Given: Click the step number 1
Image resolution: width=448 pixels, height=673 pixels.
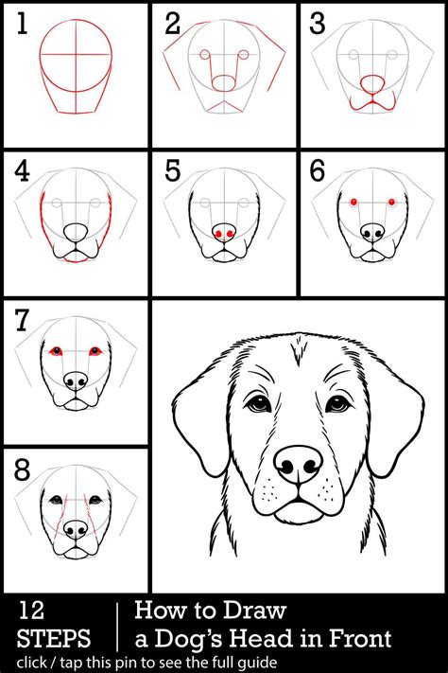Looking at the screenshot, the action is [x=23, y=23].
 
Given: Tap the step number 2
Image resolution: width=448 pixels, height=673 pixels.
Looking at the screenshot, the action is [x=173, y=23].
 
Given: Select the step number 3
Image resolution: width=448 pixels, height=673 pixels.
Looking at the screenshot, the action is [x=318, y=23].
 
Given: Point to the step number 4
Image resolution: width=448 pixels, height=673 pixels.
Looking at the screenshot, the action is [x=23, y=170].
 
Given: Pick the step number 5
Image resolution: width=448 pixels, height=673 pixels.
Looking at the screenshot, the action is [x=173, y=170].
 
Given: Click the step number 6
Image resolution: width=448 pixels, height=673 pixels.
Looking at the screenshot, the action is [x=318, y=170].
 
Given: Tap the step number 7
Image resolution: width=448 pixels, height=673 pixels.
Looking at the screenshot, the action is [x=23, y=320].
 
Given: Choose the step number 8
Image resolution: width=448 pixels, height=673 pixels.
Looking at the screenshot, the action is [x=23, y=470].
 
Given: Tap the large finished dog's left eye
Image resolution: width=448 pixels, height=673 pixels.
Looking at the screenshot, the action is [x=258, y=403].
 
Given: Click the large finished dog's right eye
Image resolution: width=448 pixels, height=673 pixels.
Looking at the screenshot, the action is [x=338, y=403].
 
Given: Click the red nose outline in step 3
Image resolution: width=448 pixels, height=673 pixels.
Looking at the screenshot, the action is [x=372, y=83].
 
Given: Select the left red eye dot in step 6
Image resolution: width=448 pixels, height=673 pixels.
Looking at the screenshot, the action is [x=353, y=202].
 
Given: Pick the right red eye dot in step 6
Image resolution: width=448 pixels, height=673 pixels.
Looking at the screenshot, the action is [x=391, y=202].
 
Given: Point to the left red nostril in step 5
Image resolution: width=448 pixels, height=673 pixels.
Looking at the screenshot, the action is [x=218, y=234].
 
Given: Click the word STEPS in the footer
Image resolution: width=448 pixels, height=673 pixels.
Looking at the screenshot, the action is [x=54, y=638].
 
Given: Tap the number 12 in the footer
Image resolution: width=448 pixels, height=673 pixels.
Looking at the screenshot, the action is [x=31, y=610].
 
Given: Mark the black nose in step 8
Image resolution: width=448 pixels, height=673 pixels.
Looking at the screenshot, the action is [x=76, y=530].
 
